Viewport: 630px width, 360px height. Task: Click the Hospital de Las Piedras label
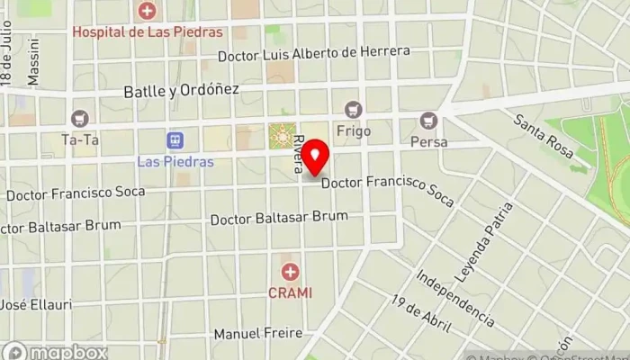(147, 31)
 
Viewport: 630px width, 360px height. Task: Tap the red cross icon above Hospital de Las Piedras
(147, 11)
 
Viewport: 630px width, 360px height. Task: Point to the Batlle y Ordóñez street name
(180, 90)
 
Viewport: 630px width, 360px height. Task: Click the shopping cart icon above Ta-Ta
(80, 119)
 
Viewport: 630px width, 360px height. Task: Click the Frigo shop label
(353, 130)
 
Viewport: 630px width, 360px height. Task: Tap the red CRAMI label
(290, 292)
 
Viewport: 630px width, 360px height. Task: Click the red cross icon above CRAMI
(290, 271)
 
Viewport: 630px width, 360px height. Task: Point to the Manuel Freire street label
(257, 334)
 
